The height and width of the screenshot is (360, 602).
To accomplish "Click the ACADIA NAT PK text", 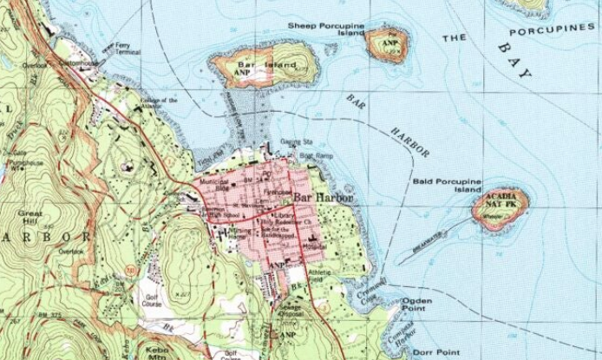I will [501, 201].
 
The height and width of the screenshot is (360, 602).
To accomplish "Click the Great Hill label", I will [29, 217].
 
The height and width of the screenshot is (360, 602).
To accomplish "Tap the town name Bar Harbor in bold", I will [324, 199].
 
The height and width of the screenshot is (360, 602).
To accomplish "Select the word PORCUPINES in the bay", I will [553, 29].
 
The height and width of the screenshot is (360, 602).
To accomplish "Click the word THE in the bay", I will [455, 38].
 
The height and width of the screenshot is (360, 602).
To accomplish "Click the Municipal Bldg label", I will [213, 185].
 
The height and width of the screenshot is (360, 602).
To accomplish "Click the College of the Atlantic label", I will [159, 103].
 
